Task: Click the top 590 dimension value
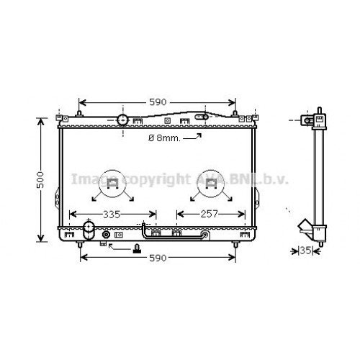pos(157,102)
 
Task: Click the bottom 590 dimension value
pos(157,257)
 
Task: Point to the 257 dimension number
pos(208,214)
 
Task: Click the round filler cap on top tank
pos(122,119)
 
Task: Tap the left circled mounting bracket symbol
pos(112,184)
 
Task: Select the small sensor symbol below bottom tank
pos(135,250)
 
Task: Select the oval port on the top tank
pos(205,116)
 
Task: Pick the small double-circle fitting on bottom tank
pos(107,234)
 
